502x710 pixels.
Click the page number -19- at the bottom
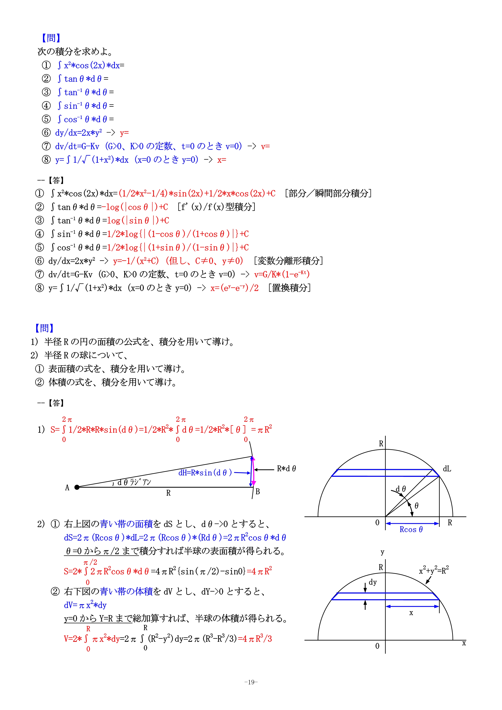(251, 682)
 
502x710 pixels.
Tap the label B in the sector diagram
(258, 491)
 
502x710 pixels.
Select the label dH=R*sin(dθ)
(205, 473)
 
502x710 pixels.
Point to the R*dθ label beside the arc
(286, 469)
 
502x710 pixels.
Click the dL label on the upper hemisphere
(447, 469)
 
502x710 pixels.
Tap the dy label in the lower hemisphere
(373, 582)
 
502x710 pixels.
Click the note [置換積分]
(289, 288)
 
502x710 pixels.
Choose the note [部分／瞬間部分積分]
(328, 193)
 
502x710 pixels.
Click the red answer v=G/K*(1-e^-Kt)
(282, 274)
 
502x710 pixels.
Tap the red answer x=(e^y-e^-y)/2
(234, 288)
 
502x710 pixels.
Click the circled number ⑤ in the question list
(46, 119)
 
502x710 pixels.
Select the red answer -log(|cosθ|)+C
(137, 207)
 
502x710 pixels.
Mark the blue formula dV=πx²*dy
(85, 605)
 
